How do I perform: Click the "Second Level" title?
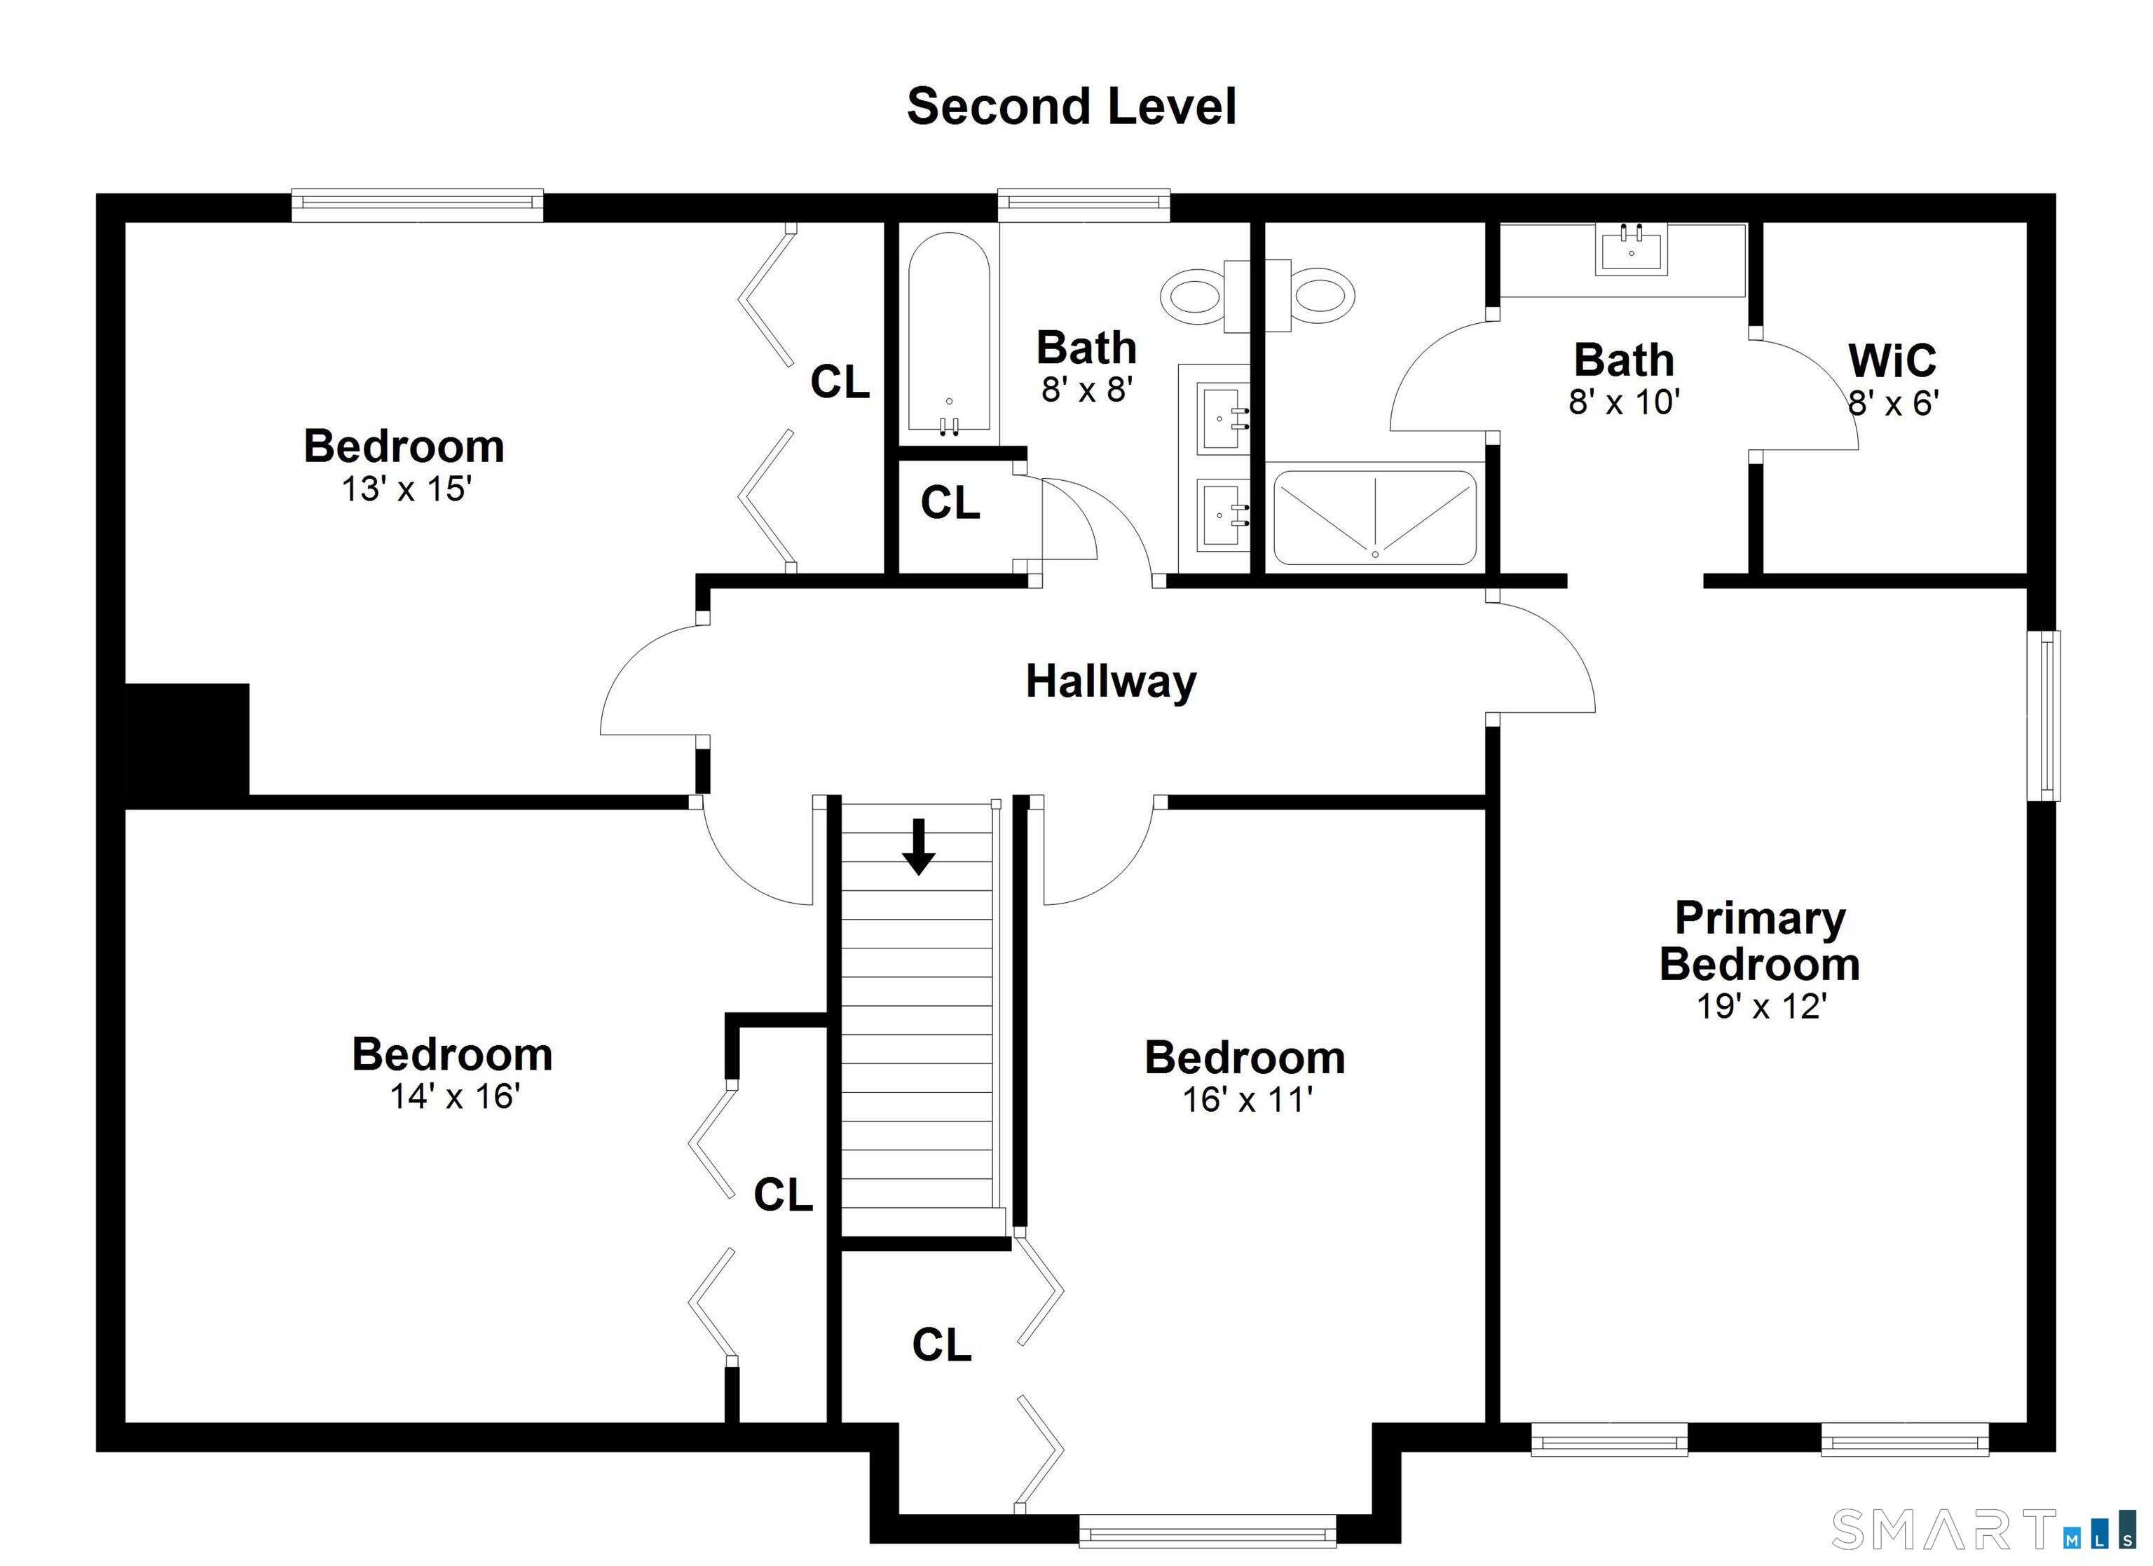coord(1071,107)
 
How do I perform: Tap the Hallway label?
coord(1111,682)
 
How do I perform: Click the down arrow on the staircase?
coord(918,847)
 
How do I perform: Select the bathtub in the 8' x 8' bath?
coord(948,334)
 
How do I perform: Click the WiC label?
coord(1892,361)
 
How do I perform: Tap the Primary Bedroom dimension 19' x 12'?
coord(1761,1007)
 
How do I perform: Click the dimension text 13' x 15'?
coord(406,489)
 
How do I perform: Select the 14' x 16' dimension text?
coord(455,1097)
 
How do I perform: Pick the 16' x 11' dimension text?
coord(1246,1100)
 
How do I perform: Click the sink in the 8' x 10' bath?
coord(1631,249)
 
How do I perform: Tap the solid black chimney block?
coord(187,739)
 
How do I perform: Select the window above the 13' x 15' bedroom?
coord(417,205)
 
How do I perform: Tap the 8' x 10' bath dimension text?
coord(1625,402)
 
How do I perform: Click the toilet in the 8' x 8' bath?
coord(1203,297)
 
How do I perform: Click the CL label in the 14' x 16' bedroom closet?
coord(783,1194)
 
